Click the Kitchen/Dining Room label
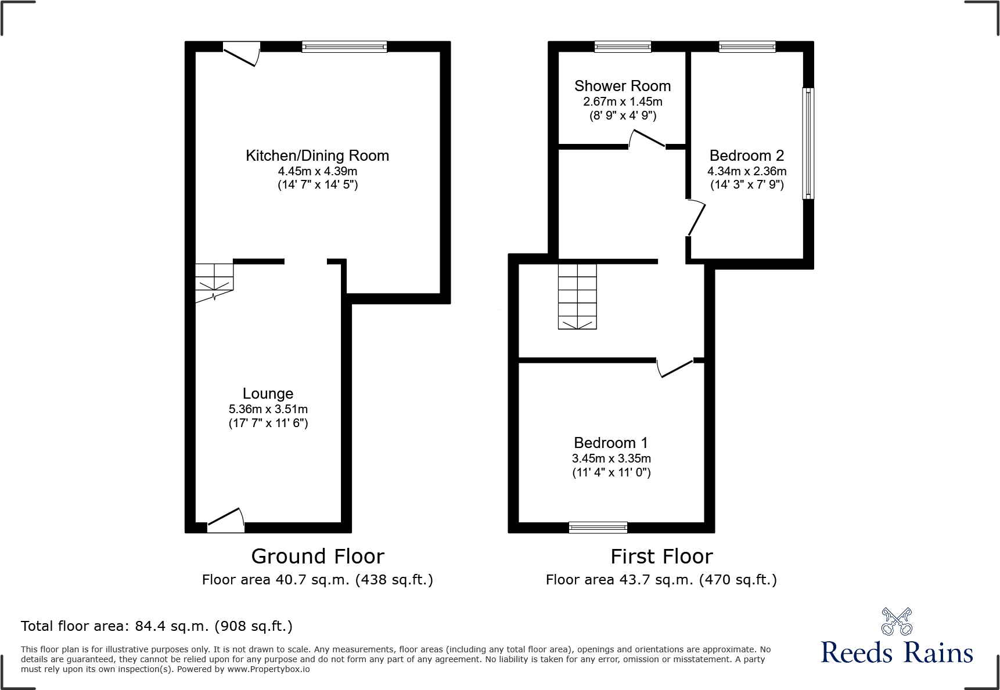[317, 156]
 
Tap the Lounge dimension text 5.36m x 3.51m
[268, 409]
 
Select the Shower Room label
[623, 86]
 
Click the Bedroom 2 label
[746, 156]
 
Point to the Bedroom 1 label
[610, 443]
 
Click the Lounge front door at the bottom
[226, 521]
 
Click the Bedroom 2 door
[696, 218]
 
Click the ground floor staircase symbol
[214, 281]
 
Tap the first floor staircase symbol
[577, 297]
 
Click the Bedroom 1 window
[598, 528]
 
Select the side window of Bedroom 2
[808, 143]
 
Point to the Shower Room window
[623, 46]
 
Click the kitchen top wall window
[344, 46]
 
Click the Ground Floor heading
[318, 557]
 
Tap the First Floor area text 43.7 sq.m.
[661, 580]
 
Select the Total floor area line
[157, 626]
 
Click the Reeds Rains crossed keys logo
[897, 622]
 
